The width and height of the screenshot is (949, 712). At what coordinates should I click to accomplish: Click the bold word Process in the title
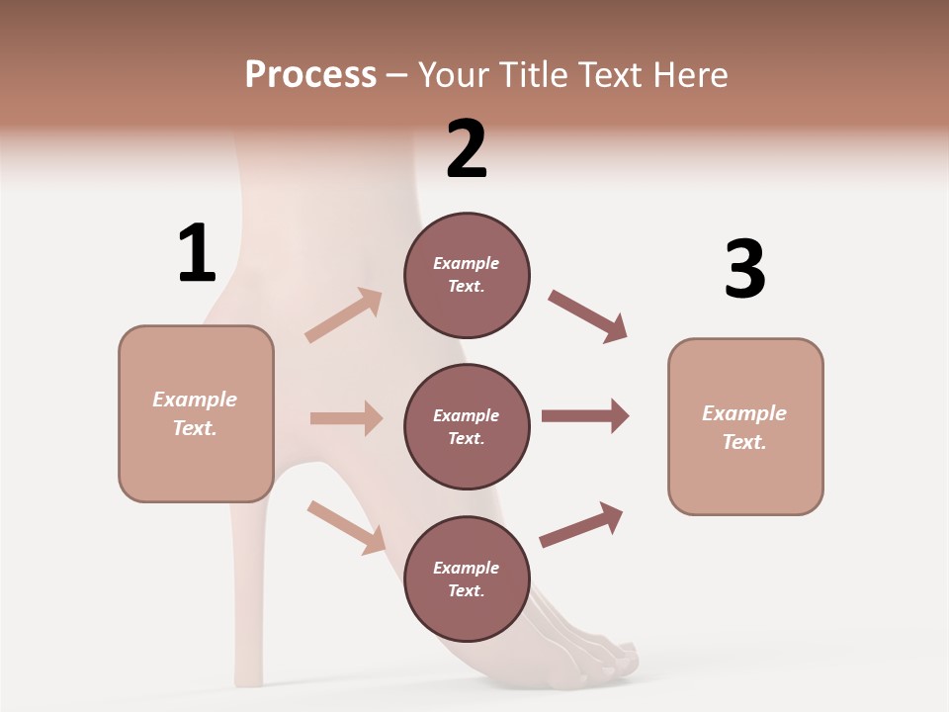coord(310,74)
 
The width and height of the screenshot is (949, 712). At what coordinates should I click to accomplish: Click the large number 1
coord(197,253)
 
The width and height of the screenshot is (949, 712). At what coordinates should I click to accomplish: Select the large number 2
coord(467,149)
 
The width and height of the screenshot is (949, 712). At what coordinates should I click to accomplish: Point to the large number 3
coord(744,269)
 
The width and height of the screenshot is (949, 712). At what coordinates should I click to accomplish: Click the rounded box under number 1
coord(196,413)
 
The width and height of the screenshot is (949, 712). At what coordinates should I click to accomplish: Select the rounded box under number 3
coord(745,426)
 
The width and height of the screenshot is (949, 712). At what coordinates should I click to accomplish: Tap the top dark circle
coord(467,275)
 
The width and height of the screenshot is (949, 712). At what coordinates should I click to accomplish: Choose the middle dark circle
coord(467,426)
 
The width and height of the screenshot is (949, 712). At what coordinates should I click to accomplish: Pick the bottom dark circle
coord(467,578)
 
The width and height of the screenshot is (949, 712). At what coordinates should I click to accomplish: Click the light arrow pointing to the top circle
coord(344,314)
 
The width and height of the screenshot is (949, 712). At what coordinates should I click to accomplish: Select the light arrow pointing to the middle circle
coord(346,418)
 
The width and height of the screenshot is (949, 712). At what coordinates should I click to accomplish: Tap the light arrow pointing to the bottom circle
coord(346,526)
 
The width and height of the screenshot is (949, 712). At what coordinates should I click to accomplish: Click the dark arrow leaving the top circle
coord(587,316)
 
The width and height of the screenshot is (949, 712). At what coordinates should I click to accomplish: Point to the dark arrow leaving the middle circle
coord(584,416)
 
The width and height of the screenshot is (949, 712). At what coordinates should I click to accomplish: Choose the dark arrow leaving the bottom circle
coord(581,524)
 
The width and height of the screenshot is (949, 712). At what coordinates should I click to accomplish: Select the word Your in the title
coord(455,74)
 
